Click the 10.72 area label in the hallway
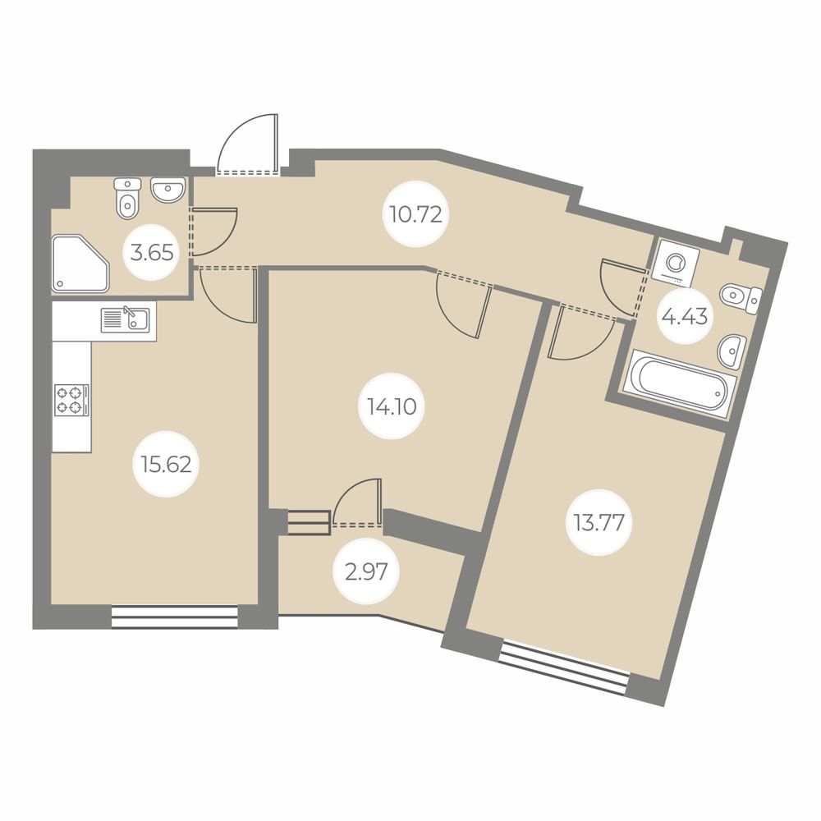click(x=416, y=214)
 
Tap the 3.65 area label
click(x=152, y=254)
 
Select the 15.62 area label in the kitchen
click(x=166, y=465)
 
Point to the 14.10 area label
click(x=392, y=406)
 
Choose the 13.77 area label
click(x=599, y=522)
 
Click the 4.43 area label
click(x=685, y=316)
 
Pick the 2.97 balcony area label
click(x=366, y=571)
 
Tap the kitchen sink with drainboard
click(x=126, y=319)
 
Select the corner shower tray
click(x=80, y=264)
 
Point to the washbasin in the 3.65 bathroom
click(x=168, y=189)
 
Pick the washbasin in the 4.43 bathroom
click(x=732, y=351)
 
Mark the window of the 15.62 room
click(x=175, y=617)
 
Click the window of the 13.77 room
click(x=564, y=667)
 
